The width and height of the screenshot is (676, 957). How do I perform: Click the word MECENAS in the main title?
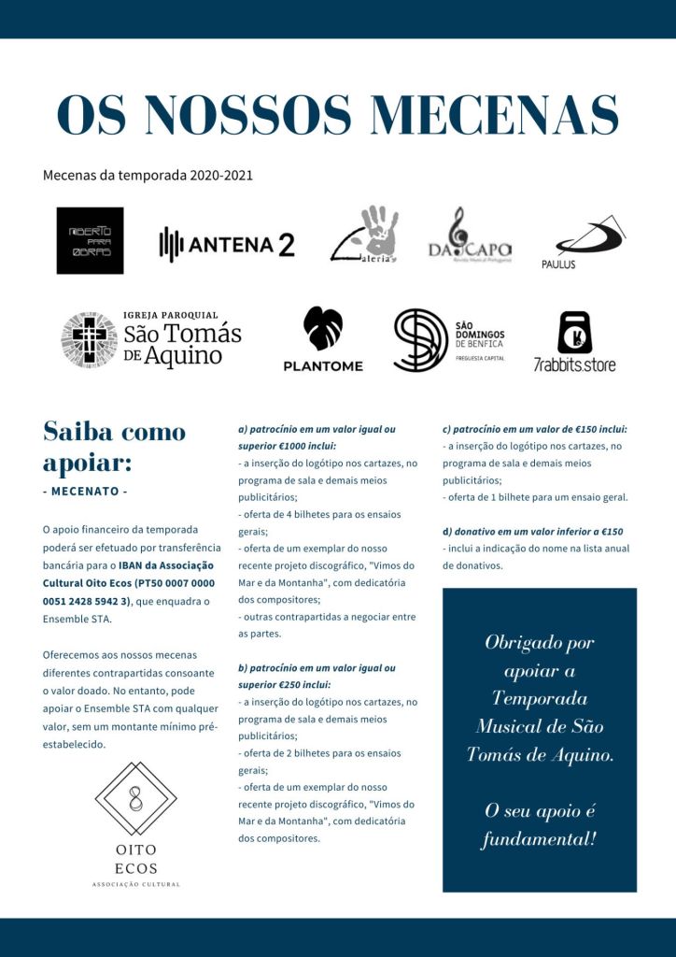point(494,116)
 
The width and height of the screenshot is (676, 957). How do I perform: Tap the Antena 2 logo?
point(227,245)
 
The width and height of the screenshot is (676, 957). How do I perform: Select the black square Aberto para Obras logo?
point(90,240)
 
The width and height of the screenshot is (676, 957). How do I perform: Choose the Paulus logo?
point(588,240)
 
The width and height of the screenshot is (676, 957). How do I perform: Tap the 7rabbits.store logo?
point(574,334)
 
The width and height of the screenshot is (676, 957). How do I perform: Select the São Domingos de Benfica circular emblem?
point(420,340)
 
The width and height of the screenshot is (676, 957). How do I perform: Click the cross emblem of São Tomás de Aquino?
point(90,340)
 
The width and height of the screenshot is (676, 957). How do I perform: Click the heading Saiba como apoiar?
point(114,447)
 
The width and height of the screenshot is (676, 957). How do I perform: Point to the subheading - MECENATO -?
point(85,492)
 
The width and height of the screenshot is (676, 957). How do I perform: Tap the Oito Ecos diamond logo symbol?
point(136,799)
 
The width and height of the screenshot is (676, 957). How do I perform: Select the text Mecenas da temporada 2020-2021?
point(148,175)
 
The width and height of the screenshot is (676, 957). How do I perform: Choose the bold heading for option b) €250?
point(317,676)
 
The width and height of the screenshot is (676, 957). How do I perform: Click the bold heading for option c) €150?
point(534,429)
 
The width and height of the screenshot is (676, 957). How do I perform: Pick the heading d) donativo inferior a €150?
point(532,532)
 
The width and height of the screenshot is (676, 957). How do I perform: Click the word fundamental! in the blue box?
point(539,839)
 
